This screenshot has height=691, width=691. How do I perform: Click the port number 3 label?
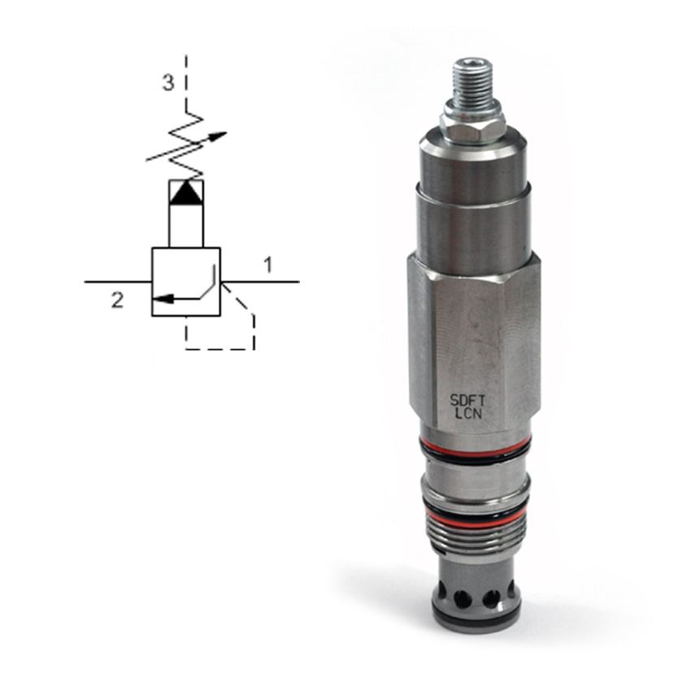click(x=168, y=82)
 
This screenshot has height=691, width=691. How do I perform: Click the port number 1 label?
click(x=268, y=265)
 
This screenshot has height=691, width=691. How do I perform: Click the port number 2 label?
click(x=117, y=300)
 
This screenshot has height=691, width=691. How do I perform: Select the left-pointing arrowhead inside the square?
click(x=161, y=299)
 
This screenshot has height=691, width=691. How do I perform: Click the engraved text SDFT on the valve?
click(x=467, y=400)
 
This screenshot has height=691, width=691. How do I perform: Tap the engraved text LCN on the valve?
click(x=468, y=414)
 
